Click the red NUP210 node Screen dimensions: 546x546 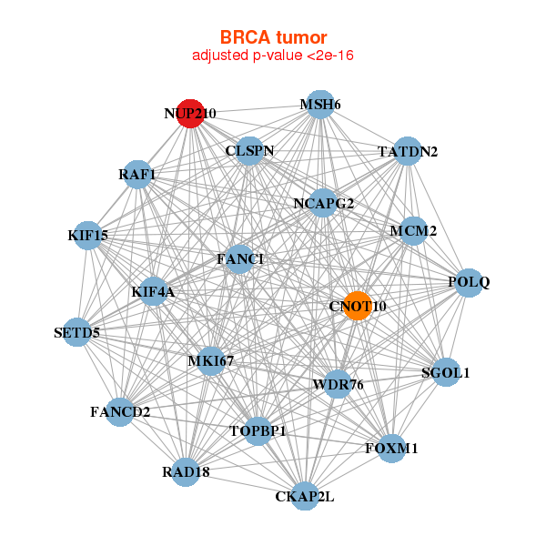189,114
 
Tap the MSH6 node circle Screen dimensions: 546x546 318,105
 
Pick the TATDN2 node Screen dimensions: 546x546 407,151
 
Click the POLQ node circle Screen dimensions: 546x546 467,282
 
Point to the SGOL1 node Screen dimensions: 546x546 444,372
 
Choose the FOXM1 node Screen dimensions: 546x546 391,449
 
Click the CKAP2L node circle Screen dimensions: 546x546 304,496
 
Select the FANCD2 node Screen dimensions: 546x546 120,412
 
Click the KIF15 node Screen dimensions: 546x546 88,236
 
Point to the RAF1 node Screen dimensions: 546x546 137,174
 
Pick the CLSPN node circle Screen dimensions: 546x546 249,150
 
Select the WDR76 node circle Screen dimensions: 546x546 337,384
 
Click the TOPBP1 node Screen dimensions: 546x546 258,430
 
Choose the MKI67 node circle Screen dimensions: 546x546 211,361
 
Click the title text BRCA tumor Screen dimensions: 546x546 273,37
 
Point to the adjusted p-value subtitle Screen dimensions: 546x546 273,56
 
